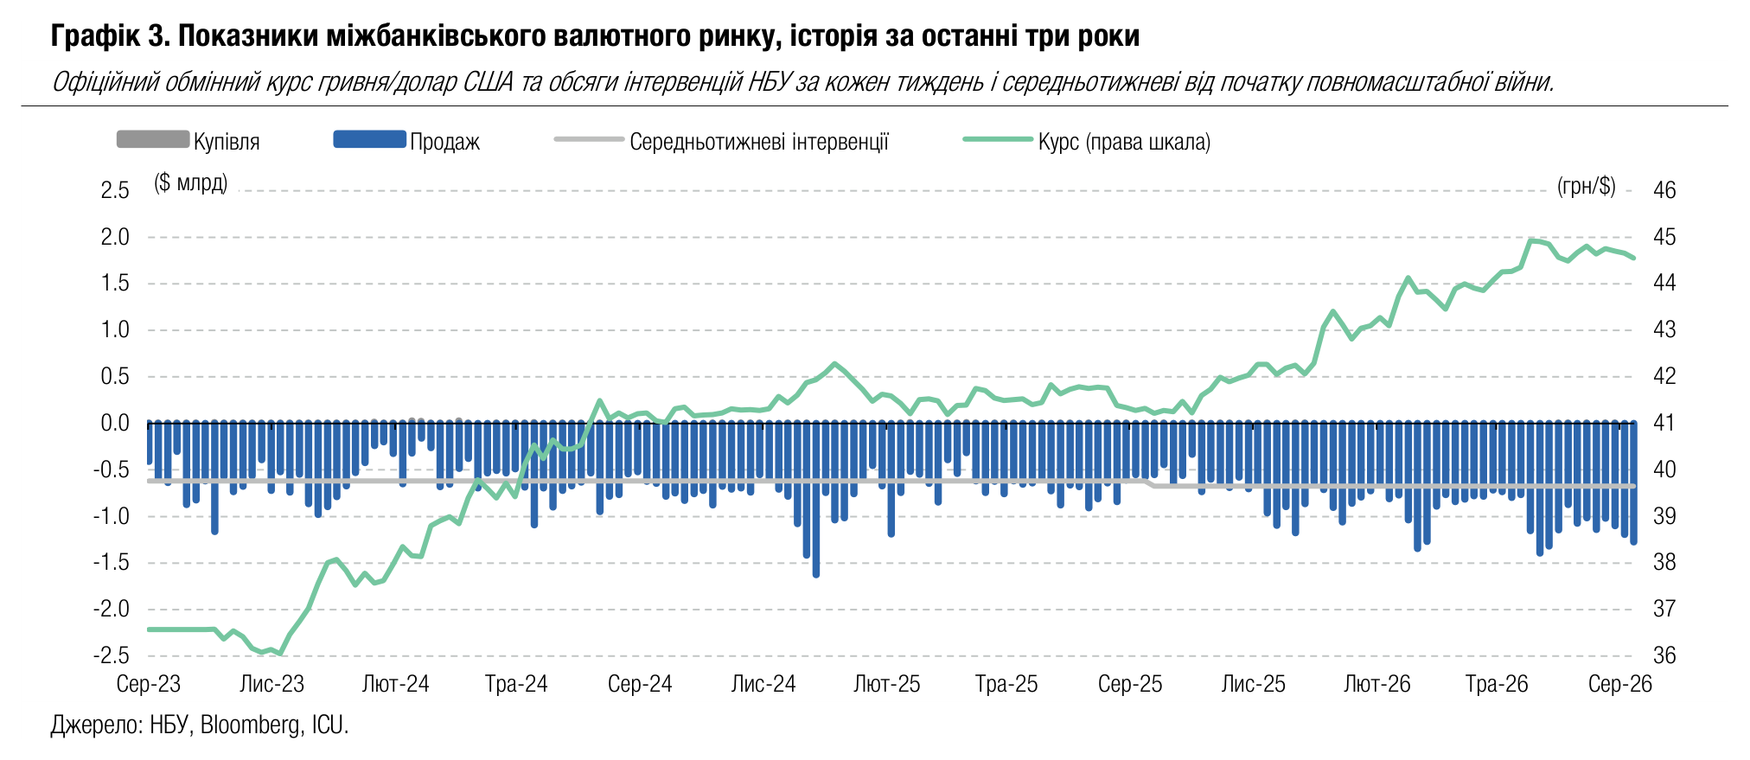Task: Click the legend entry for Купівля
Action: point(188,141)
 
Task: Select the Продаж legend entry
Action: point(406,141)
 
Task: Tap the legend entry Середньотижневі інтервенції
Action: point(722,141)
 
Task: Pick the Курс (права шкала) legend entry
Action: point(1087,141)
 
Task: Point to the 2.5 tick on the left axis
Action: point(115,190)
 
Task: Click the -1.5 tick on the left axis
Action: point(112,563)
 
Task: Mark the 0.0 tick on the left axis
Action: point(115,423)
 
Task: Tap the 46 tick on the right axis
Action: point(1664,190)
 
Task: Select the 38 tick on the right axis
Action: point(1664,563)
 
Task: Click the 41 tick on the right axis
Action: point(1664,423)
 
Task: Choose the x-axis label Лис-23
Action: point(272,684)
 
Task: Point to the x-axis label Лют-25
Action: point(887,684)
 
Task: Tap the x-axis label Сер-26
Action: point(1620,684)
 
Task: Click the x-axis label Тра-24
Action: point(516,684)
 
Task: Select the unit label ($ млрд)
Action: point(191,183)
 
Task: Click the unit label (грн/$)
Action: point(1587,186)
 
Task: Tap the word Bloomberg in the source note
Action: point(250,725)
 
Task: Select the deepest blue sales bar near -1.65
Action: point(816,499)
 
